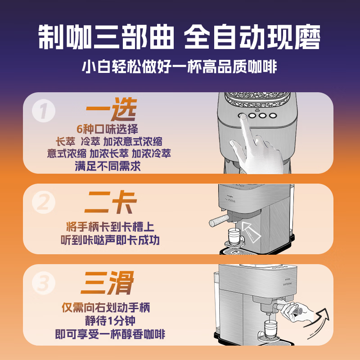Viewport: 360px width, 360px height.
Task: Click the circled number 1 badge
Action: pyautogui.click(x=44, y=111)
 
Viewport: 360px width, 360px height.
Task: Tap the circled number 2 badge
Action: pyautogui.click(x=44, y=202)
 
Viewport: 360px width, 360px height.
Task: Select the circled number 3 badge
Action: pyautogui.click(x=44, y=283)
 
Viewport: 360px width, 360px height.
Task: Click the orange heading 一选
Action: pyautogui.click(x=112, y=109)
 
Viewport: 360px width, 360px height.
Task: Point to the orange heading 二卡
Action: pyautogui.click(x=111, y=202)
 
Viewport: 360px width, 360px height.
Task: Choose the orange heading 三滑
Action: pyautogui.click(x=108, y=283)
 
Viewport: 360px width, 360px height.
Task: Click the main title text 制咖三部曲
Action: pyautogui.click(x=106, y=37)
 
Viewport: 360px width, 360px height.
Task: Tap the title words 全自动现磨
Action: pyautogui.click(x=252, y=37)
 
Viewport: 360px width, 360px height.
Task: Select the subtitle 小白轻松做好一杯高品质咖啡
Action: pyautogui.click(x=180, y=67)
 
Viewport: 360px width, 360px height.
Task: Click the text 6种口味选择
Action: pyautogui.click(x=108, y=129)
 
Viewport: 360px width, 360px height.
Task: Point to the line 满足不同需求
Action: pyautogui.click(x=108, y=166)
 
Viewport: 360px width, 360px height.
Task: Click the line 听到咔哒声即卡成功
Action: pyautogui.click(x=110, y=240)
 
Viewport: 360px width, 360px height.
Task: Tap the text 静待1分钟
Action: pyautogui.click(x=110, y=321)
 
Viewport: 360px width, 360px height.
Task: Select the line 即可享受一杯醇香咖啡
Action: pyautogui.click(x=110, y=334)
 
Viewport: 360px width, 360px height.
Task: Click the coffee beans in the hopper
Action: pyautogui.click(x=257, y=99)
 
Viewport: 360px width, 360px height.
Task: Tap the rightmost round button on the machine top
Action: pyautogui.click(x=273, y=116)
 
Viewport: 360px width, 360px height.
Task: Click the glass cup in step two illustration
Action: pyautogui.click(x=234, y=237)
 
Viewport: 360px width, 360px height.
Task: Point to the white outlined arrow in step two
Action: pyautogui.click(x=251, y=232)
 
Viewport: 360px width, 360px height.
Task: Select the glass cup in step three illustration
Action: pyautogui.click(x=271, y=329)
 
